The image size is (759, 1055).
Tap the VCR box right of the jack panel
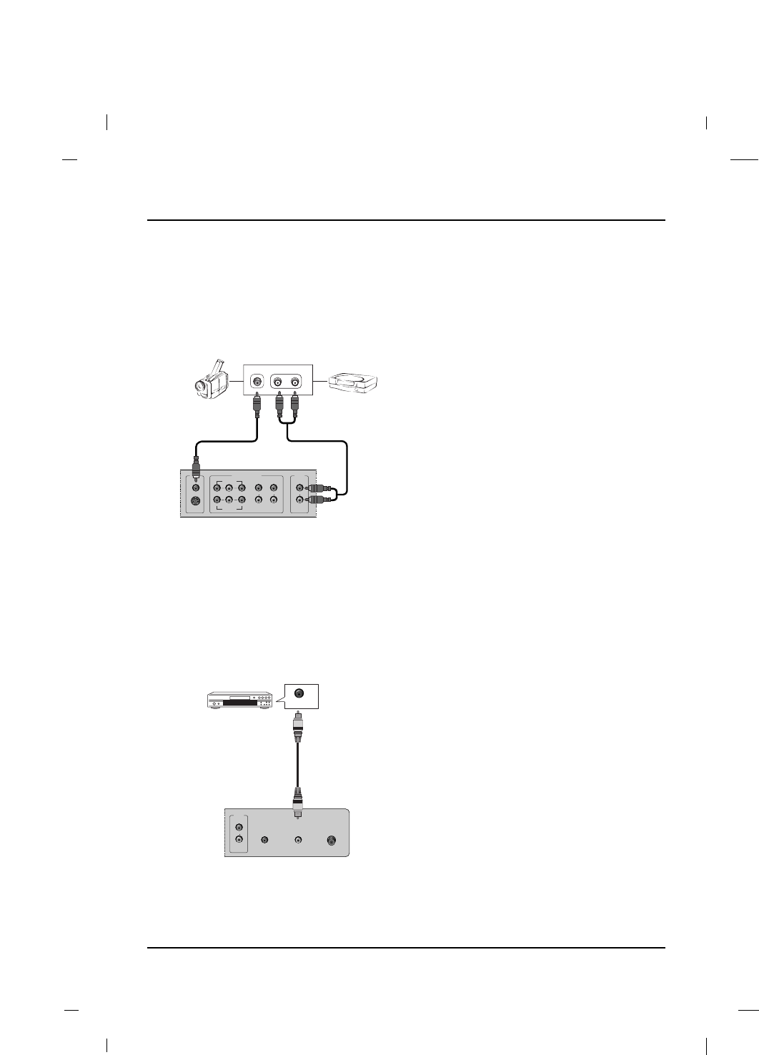[x=353, y=383]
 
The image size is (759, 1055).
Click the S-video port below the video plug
[x=195, y=500]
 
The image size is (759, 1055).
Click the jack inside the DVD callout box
[x=299, y=693]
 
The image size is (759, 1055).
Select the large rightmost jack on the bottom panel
[x=332, y=841]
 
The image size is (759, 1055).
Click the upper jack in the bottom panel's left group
[x=239, y=828]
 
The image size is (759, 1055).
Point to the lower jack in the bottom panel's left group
[x=239, y=841]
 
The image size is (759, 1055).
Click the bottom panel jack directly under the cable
[x=299, y=841]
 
